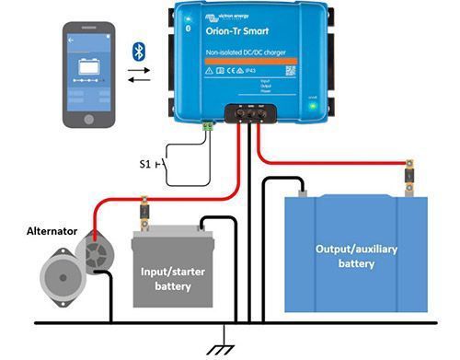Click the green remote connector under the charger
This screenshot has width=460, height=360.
coord(210,125)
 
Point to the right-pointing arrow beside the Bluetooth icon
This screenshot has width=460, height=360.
coord(141,67)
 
